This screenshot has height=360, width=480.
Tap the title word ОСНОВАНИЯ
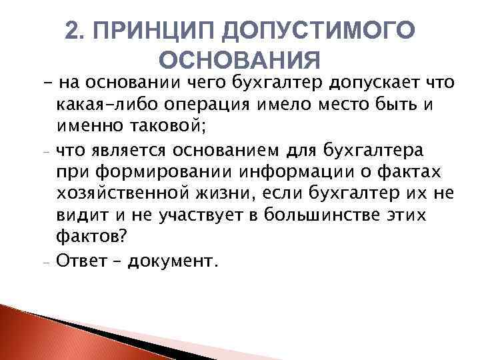tap(241, 61)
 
